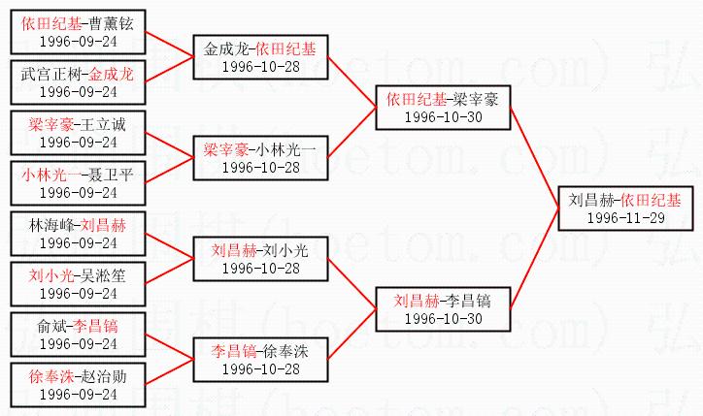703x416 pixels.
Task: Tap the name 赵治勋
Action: point(107,375)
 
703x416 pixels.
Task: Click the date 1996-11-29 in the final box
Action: point(626,218)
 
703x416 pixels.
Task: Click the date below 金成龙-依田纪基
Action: point(260,66)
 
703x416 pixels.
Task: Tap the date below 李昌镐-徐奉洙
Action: point(260,369)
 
